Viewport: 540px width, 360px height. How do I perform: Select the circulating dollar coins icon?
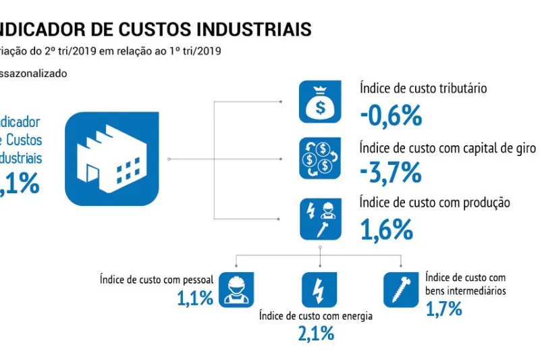pyautogui.click(x=320, y=159)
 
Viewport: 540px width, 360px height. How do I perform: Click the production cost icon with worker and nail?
pyautogui.click(x=320, y=217)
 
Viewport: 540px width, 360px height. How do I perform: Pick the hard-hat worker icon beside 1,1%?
pyautogui.click(x=236, y=288)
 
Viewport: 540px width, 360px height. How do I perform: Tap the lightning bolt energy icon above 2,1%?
pyautogui.click(x=319, y=288)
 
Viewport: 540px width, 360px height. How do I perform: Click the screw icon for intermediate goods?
pyautogui.click(x=401, y=288)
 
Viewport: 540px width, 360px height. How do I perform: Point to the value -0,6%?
pyautogui.click(x=391, y=116)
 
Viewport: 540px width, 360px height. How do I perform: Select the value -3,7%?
pyautogui.click(x=391, y=174)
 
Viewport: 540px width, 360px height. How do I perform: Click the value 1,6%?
pyautogui.click(x=386, y=230)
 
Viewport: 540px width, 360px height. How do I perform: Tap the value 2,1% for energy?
pyautogui.click(x=316, y=333)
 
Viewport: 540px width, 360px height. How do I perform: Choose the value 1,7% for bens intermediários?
pyautogui.click(x=443, y=309)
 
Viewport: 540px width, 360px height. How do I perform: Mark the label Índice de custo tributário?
pyautogui.click(x=424, y=88)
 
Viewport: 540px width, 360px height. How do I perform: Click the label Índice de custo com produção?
pyautogui.click(x=435, y=203)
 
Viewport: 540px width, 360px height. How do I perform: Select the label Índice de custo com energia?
pyautogui.click(x=316, y=315)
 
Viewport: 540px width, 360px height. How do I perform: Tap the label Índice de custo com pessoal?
pyautogui.click(x=157, y=279)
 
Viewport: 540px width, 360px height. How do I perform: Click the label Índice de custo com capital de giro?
pyautogui.click(x=448, y=147)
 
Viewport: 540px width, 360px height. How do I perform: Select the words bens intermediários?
pyautogui.click(x=466, y=291)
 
